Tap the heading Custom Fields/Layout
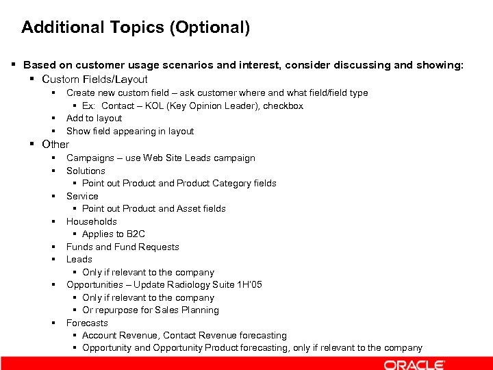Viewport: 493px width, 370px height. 94,79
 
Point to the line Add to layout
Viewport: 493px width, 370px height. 94,118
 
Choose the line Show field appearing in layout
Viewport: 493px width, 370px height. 130,131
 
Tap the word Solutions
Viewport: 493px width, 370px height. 86,171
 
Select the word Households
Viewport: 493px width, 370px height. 92,221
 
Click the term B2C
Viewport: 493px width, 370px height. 136,234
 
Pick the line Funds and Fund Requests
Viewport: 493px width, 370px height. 123,247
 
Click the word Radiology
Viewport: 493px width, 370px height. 188,284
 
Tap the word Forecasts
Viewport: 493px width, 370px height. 87,323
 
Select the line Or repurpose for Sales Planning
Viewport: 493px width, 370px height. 151,310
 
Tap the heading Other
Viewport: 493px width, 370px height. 55,144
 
